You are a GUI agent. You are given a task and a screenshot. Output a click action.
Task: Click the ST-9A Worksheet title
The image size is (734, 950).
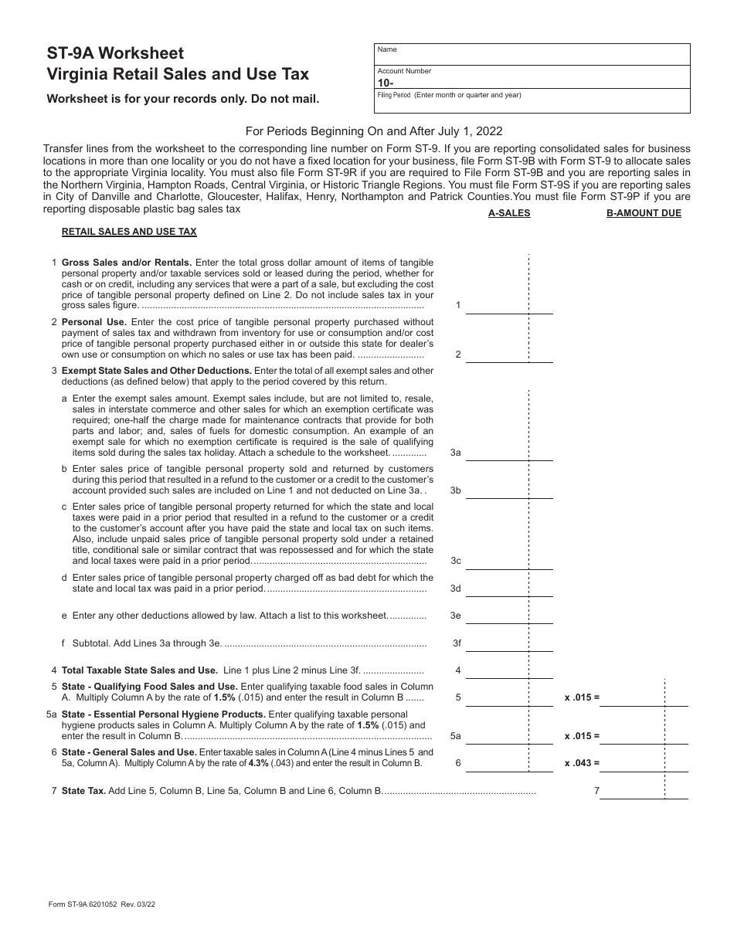[115, 53]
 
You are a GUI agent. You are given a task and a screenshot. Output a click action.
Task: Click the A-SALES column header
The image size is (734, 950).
[509, 213]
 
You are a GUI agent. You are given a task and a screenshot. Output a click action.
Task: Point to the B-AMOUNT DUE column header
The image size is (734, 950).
[644, 213]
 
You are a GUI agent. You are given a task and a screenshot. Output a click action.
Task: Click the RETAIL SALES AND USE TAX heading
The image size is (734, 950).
[129, 232]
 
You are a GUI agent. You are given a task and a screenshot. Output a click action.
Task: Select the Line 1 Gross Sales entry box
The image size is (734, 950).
[509, 304]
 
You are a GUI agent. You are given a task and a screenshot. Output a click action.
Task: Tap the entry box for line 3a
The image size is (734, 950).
[509, 451]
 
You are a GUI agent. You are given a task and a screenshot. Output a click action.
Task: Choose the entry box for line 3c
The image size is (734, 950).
[509, 559]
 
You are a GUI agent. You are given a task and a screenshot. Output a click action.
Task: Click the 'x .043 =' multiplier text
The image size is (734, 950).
[582, 763]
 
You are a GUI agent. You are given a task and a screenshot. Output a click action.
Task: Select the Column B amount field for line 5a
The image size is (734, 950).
[645, 735]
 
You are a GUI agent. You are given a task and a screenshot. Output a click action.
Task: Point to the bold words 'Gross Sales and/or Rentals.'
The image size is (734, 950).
[127, 263]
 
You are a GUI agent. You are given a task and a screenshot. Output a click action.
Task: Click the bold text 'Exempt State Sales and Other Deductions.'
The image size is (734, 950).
[157, 371]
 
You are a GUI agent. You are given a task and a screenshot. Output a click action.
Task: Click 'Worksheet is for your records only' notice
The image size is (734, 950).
[182, 99]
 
